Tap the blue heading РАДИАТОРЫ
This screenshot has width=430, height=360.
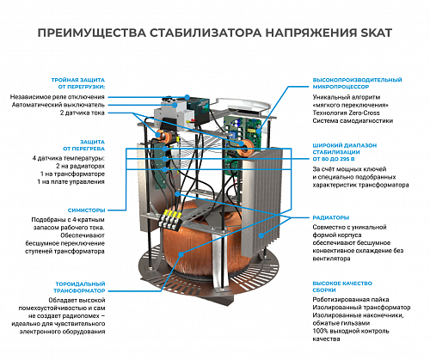(x=330, y=217)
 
